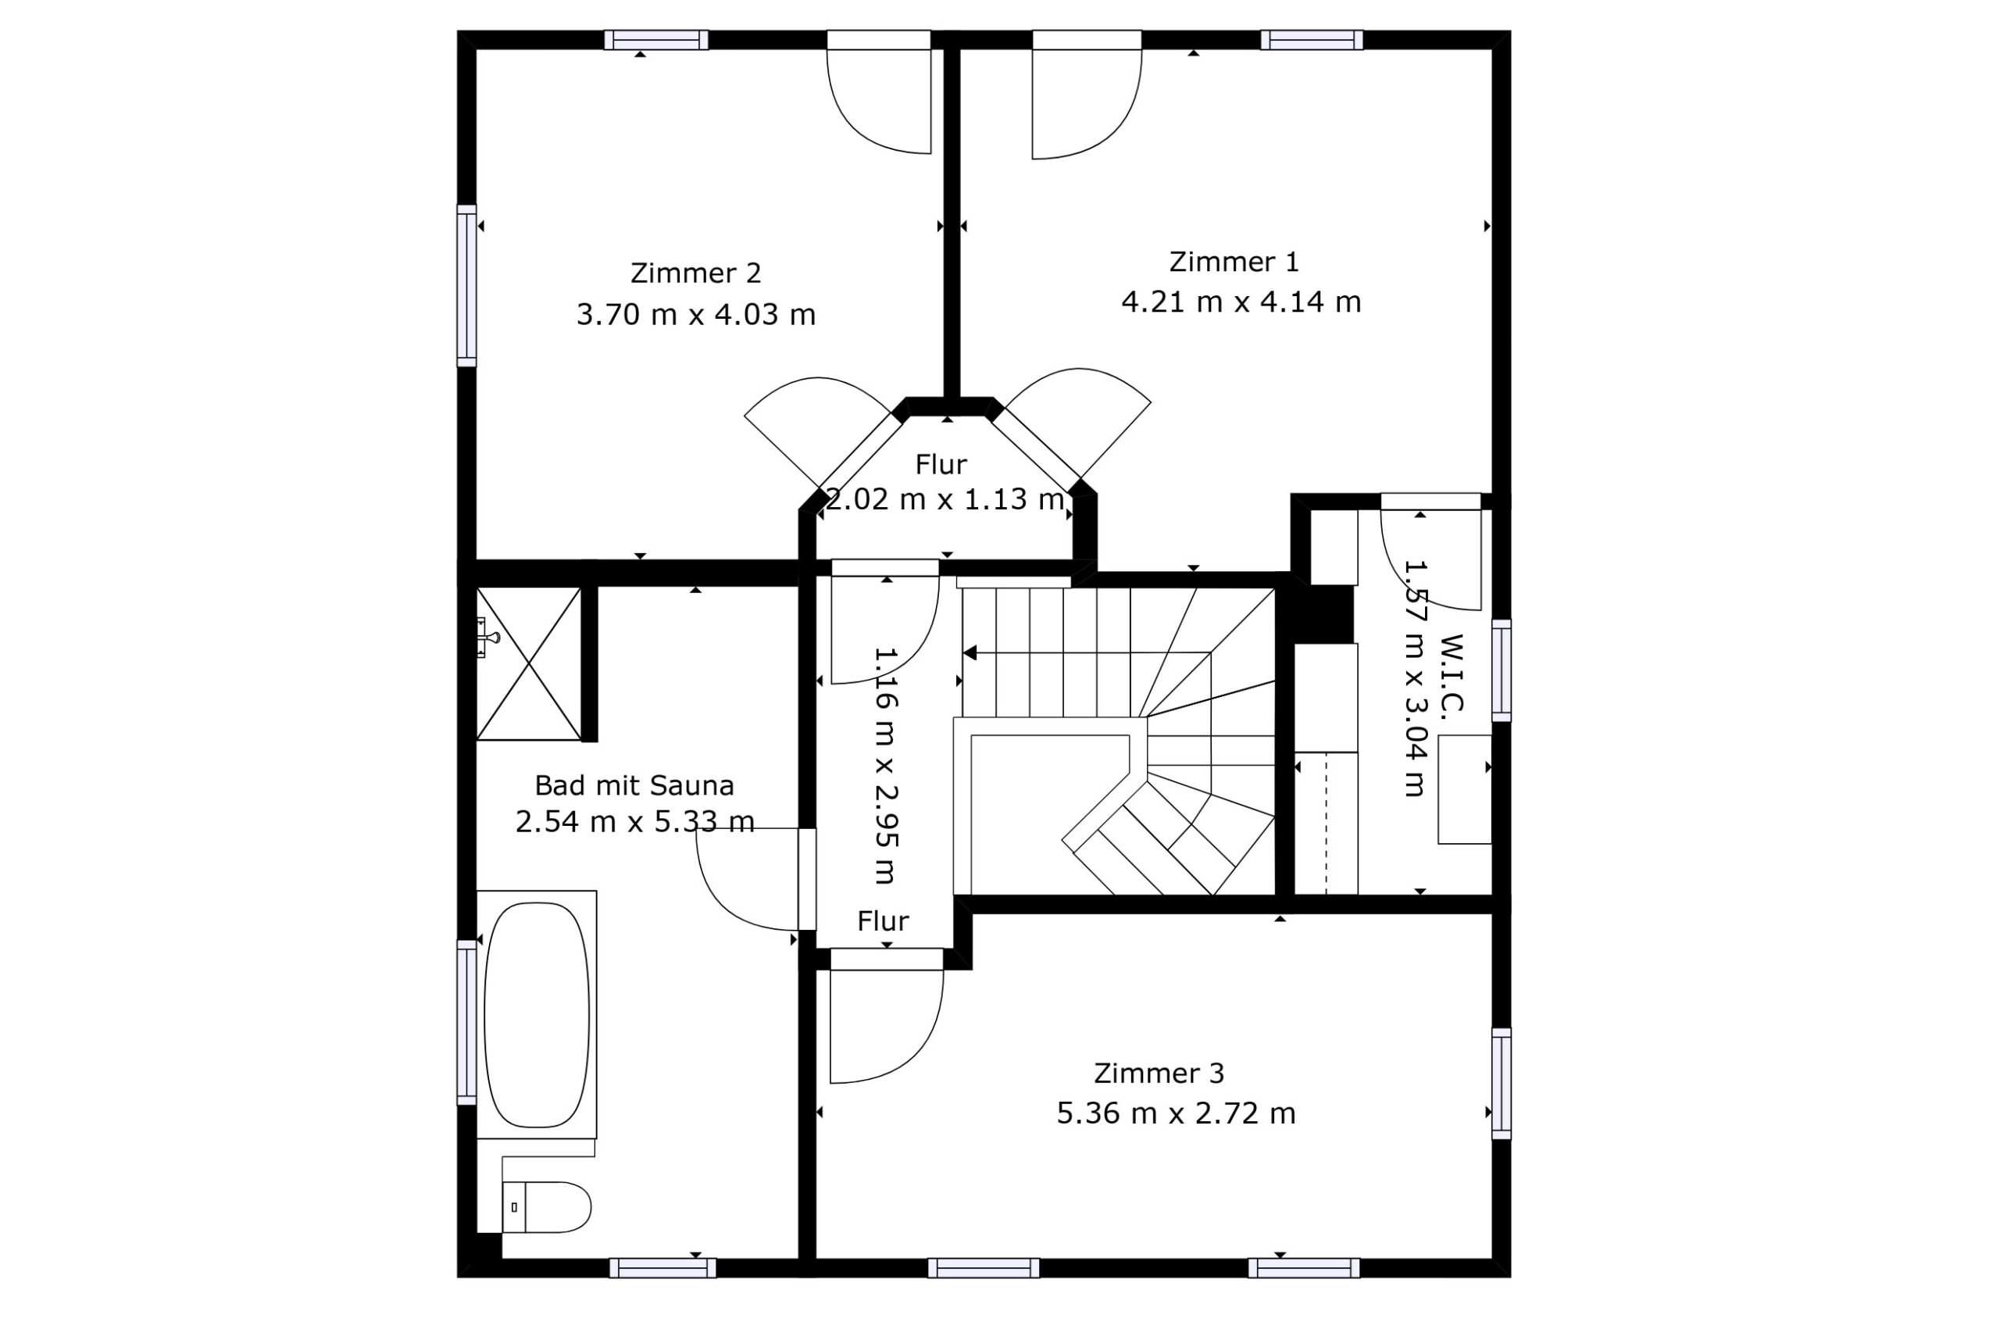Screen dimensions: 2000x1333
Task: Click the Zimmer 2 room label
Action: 695,273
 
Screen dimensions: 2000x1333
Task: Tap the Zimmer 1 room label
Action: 1234,262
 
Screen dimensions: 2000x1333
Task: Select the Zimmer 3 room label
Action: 1159,1074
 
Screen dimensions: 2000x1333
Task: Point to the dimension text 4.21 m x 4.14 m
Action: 1241,302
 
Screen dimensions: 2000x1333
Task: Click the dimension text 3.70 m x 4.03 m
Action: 696,315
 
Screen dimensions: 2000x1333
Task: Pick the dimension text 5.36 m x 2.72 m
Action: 1177,1113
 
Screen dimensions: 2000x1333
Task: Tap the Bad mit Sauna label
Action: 634,784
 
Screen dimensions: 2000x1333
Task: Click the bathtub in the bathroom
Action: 537,1014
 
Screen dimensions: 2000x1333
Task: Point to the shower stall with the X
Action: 529,663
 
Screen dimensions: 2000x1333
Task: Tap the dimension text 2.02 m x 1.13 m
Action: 945,499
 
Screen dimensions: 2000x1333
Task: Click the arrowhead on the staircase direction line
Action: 970,653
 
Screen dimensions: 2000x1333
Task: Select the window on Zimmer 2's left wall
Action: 466,286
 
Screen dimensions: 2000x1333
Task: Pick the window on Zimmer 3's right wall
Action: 1502,1083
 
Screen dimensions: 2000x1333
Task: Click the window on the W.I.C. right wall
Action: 1502,670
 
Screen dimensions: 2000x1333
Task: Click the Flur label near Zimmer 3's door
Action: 883,920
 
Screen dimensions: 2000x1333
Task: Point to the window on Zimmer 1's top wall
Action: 1312,40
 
